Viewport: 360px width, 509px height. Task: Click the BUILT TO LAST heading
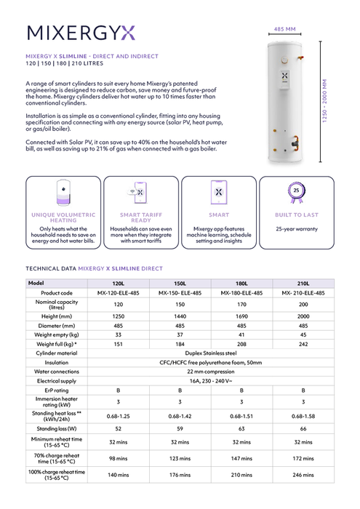coord(296,215)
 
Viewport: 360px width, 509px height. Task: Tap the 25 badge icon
coord(296,192)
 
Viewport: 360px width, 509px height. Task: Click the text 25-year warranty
coord(296,228)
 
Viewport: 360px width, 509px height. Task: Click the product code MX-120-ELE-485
coord(118,293)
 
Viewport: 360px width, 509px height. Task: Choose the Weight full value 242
coord(303,343)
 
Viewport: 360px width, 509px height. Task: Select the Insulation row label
coord(57,361)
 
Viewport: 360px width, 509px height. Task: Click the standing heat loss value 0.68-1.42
coord(180,415)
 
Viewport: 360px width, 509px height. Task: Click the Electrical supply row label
coord(57,380)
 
